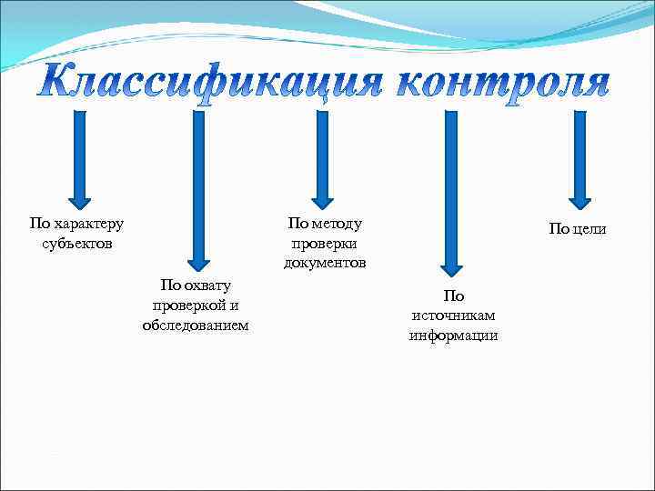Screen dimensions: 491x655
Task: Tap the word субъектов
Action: pos(77,244)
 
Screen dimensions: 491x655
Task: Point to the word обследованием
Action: pos(195,325)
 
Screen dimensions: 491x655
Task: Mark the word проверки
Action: pos(324,244)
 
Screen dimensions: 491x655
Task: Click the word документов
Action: pos(324,263)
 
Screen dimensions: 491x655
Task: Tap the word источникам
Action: pos(453,316)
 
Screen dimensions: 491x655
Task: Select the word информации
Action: pos(453,335)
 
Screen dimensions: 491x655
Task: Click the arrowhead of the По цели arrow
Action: pos(579,203)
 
